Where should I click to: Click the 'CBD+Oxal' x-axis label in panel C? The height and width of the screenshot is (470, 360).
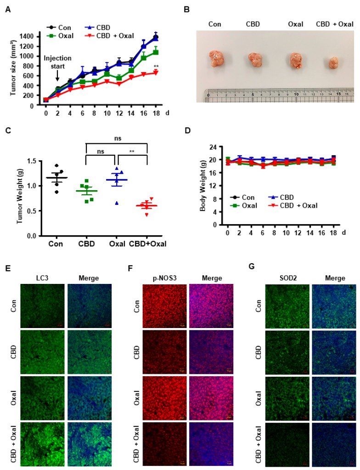tap(147, 243)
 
